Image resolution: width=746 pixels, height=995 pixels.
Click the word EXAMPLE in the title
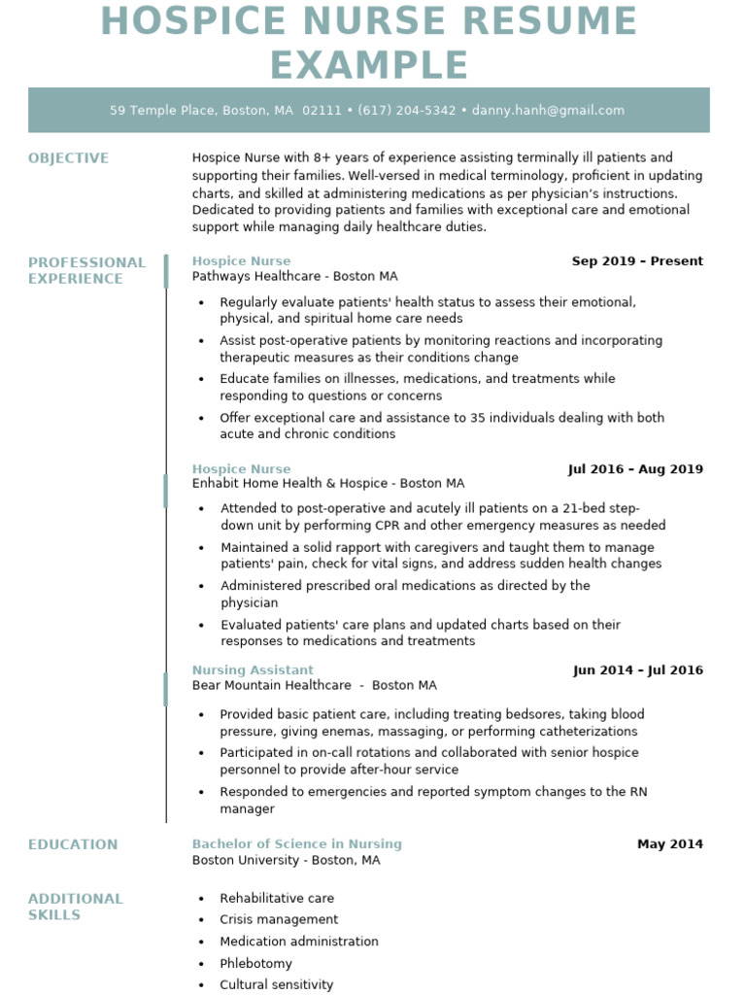pos(369,65)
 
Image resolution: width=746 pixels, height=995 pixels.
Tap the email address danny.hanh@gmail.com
pos(548,111)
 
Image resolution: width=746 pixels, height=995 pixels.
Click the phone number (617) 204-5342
pos(406,111)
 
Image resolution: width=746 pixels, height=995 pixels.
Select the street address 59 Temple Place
pos(162,111)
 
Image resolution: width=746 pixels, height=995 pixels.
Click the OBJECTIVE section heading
pos(68,158)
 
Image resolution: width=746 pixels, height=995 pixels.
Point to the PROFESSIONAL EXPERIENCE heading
pos(86,270)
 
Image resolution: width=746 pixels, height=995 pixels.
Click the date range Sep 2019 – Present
pos(637,261)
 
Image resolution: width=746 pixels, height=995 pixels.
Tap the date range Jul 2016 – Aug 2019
pos(635,469)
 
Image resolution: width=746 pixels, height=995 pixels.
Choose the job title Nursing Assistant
pos(253,670)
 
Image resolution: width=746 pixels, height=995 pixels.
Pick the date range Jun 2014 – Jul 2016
pos(638,670)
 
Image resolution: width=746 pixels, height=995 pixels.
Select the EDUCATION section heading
pos(73,844)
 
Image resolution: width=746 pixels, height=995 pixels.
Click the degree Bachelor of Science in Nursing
pos(296,844)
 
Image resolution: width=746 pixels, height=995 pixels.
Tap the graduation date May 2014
pos(669,844)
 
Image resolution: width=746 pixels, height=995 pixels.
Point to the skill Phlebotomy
pos(255,964)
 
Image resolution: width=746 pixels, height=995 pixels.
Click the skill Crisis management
pos(279,919)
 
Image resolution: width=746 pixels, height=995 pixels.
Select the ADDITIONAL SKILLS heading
pos(75,907)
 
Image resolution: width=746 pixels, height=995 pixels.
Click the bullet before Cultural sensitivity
pos(201,985)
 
